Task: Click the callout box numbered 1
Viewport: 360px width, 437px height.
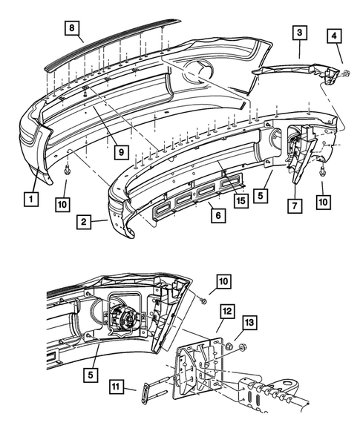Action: coord(30,198)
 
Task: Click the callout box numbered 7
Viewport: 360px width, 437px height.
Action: coord(295,204)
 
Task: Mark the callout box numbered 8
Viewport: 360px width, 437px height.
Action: coord(71,30)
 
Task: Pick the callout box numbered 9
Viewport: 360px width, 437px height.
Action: coord(119,154)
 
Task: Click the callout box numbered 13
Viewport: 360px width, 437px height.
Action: coord(250,323)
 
